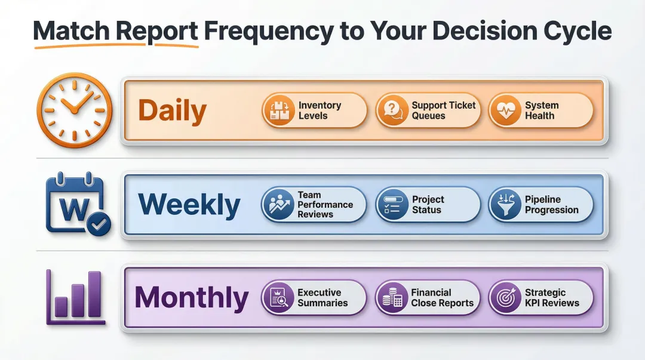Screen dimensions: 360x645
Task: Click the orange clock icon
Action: [74, 108]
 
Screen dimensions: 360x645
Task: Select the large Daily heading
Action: [172, 111]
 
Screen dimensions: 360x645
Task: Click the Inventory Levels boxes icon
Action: [279, 110]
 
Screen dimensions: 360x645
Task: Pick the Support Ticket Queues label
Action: [443, 110]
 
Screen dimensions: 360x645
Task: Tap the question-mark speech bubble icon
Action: [392, 110]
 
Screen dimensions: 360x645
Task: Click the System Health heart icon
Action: [505, 110]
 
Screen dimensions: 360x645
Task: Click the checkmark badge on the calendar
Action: [98, 224]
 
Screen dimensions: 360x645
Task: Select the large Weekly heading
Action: [189, 205]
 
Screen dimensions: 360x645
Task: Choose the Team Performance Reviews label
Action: [325, 204]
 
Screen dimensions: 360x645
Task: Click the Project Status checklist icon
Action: [392, 204]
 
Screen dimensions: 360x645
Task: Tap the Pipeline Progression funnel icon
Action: [505, 204]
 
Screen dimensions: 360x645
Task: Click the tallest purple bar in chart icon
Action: [94, 294]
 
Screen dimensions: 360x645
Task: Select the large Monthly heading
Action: [191, 298]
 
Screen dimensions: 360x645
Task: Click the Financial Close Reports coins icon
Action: [392, 298]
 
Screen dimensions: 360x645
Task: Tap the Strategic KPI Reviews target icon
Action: [505, 298]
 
